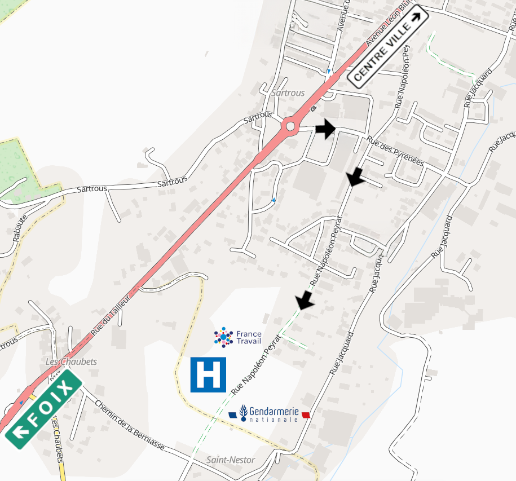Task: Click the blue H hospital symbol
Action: click(x=208, y=374)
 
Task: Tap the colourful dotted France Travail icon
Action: click(x=223, y=337)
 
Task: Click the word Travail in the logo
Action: click(x=249, y=341)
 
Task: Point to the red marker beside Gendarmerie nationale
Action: click(x=306, y=415)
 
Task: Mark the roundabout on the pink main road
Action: click(x=290, y=126)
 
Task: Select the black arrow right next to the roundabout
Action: click(x=325, y=129)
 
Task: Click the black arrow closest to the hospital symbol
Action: click(x=305, y=300)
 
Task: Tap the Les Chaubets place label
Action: click(x=71, y=361)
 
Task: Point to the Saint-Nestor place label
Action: click(x=231, y=460)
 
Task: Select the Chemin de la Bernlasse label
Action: click(x=130, y=425)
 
